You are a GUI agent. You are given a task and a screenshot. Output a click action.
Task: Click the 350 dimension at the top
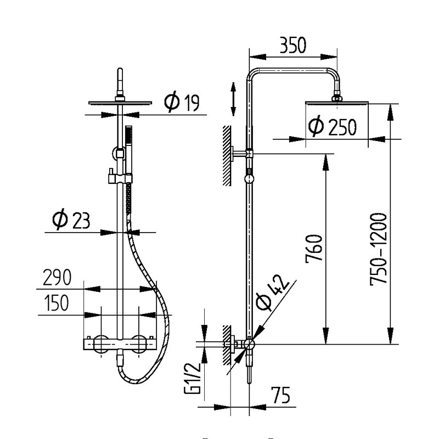[293, 45]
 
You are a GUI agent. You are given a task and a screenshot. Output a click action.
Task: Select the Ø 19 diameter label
[182, 102]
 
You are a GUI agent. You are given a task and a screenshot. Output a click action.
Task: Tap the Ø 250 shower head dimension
[333, 127]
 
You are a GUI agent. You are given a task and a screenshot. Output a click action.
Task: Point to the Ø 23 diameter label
[71, 219]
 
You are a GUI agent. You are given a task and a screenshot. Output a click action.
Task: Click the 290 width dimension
[57, 277]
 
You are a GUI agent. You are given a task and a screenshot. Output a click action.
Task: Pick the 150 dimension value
[57, 303]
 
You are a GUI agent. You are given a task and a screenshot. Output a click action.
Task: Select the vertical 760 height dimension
[314, 249]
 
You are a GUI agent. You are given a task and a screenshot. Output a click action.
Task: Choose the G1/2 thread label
[192, 378]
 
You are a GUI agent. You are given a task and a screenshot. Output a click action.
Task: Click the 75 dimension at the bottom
[280, 395]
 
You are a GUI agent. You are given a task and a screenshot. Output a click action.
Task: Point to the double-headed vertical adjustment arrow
[233, 99]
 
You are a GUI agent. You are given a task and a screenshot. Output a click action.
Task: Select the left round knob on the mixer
[101, 344]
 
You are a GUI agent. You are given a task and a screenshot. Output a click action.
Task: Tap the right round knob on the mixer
[139, 344]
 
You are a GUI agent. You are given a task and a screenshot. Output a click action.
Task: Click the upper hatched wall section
[227, 156]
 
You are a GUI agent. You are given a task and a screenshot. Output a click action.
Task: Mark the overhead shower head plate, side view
[336, 103]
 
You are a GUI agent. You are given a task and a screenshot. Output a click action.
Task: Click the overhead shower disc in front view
[120, 103]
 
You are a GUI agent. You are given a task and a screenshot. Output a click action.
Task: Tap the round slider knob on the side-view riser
[249, 179]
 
